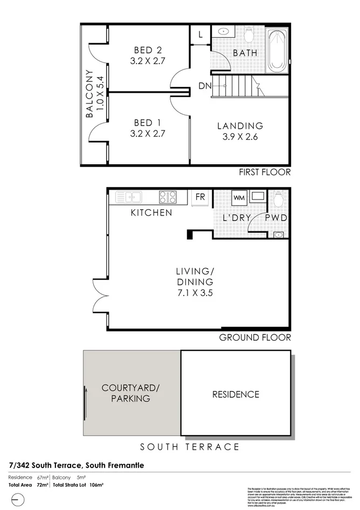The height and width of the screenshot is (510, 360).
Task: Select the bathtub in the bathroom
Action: click(x=278, y=52)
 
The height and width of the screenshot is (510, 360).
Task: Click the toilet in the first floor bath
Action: click(x=248, y=36)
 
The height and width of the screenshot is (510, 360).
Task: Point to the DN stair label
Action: click(x=204, y=86)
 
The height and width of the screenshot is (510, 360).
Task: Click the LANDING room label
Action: click(x=240, y=126)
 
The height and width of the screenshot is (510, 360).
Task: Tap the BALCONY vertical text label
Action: click(x=90, y=94)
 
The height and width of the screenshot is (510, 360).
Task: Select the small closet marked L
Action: click(x=200, y=35)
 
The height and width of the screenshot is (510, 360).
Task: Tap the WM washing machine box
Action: click(x=238, y=198)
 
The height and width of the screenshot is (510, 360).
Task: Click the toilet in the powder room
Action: click(x=278, y=199)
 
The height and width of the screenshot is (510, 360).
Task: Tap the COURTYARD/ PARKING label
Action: click(x=130, y=394)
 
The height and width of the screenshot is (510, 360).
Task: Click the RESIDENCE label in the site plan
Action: click(x=235, y=395)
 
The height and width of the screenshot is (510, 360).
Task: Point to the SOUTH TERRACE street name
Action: click(x=190, y=447)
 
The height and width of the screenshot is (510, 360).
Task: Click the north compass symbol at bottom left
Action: click(x=17, y=499)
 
